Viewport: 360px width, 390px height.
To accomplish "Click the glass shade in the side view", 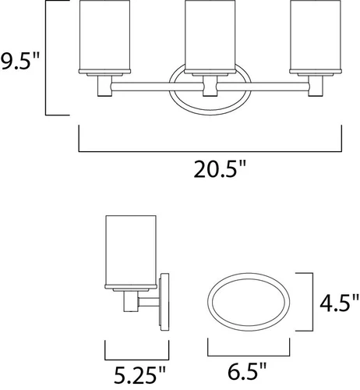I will tap(129, 247).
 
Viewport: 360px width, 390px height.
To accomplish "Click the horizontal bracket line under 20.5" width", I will tap(210, 150).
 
